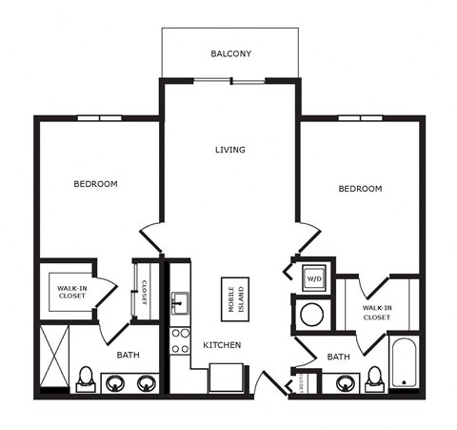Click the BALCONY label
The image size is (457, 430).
tap(231, 53)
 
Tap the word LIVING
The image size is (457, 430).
tap(230, 150)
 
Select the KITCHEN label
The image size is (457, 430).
tap(222, 345)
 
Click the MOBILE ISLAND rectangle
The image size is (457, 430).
tap(235, 299)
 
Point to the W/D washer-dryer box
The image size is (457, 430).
tap(314, 278)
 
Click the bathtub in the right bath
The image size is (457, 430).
tap(404, 362)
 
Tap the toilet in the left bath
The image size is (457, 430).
tap(86, 379)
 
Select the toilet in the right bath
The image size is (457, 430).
tap(375, 379)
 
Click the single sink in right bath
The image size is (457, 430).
tap(346, 383)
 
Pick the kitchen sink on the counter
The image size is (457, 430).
tap(180, 303)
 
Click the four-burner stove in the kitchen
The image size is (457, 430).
tap(180, 341)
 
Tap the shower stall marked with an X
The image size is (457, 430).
tap(54, 356)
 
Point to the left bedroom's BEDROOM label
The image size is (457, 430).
tap(95, 184)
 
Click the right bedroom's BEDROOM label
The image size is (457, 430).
tap(360, 189)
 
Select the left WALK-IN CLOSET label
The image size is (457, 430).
tap(72, 292)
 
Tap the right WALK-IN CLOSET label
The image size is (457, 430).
tap(377, 313)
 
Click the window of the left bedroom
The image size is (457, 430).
tap(100, 118)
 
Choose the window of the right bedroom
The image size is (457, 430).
tap(360, 118)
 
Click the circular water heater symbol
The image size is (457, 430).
tap(312, 315)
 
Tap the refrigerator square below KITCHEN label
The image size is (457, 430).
tap(227, 378)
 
